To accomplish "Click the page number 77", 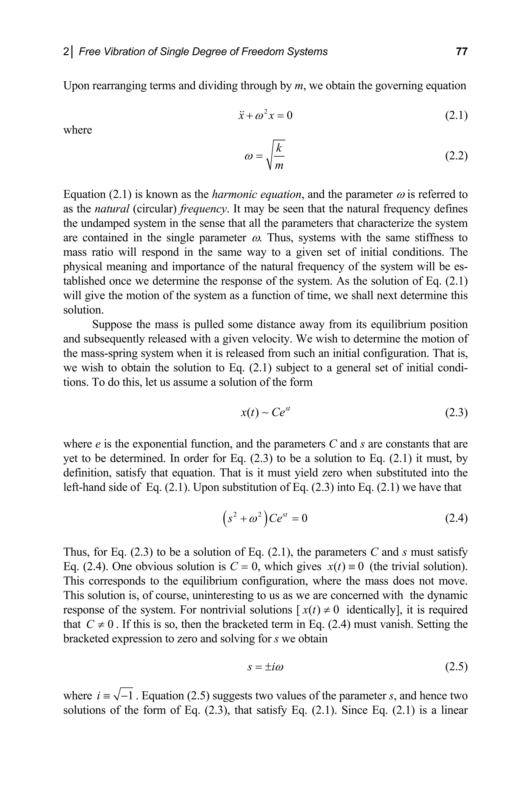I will coord(462,52).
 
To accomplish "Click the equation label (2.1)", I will coord(456,116).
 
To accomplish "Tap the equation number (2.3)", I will coord(456,413).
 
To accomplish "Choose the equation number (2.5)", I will coord(456,667).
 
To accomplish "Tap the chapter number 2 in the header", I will coord(66,52).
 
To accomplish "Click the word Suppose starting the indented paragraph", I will coord(112,324).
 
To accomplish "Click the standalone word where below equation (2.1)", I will coord(78,130).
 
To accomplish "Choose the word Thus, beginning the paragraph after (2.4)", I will coord(77,552).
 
